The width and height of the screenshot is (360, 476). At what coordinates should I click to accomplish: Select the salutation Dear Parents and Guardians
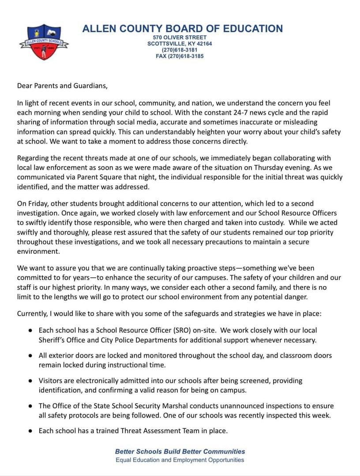[x=62, y=86]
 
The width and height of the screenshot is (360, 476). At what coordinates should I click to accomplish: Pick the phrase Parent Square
[x=97, y=177]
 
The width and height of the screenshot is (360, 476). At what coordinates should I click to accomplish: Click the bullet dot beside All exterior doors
[x=30, y=355]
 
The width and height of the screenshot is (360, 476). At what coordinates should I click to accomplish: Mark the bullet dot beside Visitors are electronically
[x=30, y=381]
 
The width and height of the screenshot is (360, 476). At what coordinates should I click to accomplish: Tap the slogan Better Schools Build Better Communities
[x=180, y=451]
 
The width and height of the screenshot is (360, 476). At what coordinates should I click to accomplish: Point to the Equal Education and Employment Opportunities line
[x=180, y=460]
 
